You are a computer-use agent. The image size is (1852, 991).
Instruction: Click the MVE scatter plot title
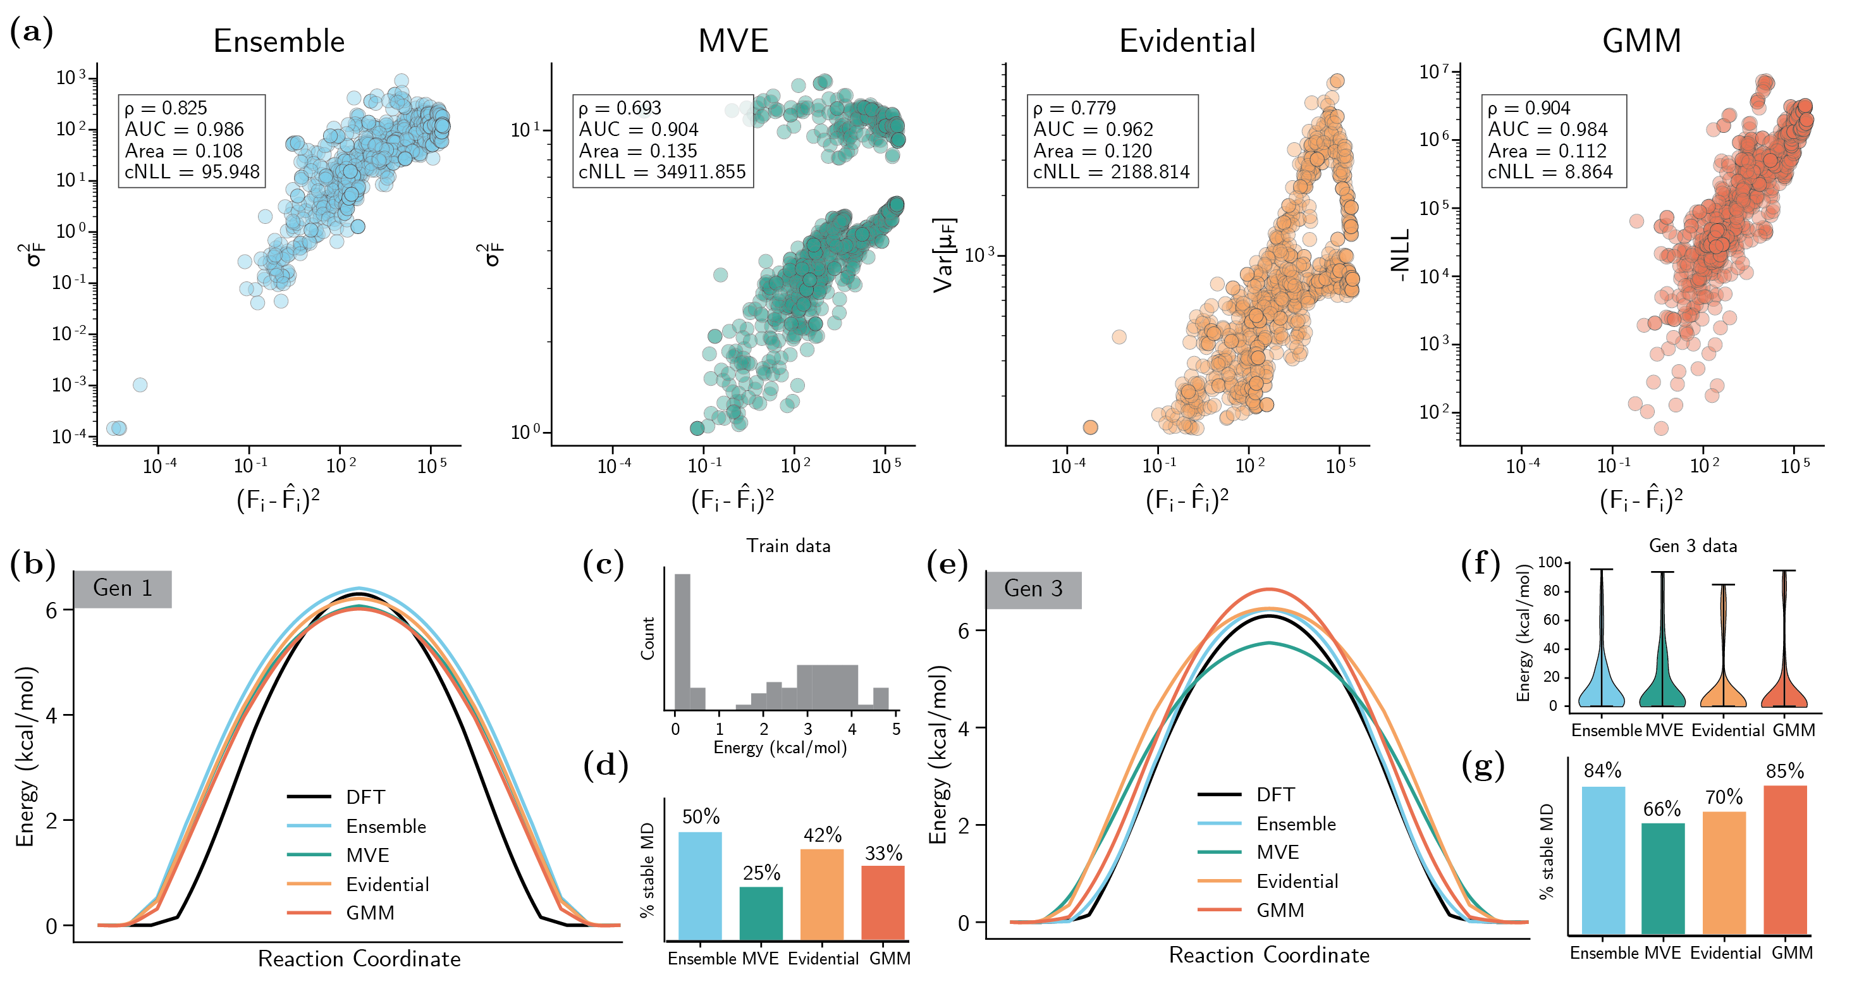coord(733,41)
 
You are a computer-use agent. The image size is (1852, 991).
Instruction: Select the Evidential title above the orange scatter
coord(1187,41)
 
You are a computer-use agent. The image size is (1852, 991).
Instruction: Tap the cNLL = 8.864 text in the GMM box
coord(1549,172)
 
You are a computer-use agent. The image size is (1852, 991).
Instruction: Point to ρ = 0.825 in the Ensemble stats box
coord(166,108)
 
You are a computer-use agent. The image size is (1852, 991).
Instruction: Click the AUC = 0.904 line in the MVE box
coord(639,130)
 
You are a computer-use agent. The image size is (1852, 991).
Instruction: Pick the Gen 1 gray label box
coord(122,588)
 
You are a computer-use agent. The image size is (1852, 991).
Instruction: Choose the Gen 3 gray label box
coord(1033,589)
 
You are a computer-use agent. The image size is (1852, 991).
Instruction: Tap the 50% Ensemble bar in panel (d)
coord(699,886)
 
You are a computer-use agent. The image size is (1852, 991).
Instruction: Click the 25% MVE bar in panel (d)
coord(761,913)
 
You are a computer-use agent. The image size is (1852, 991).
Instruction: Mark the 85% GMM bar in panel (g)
coord(1784,859)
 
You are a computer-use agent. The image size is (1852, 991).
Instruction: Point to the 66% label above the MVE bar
coord(1662,809)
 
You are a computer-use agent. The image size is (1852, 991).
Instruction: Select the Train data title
coord(788,546)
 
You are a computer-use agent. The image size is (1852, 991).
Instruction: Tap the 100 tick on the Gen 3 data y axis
coord(1548,562)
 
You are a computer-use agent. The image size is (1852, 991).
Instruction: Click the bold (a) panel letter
coord(32,32)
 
